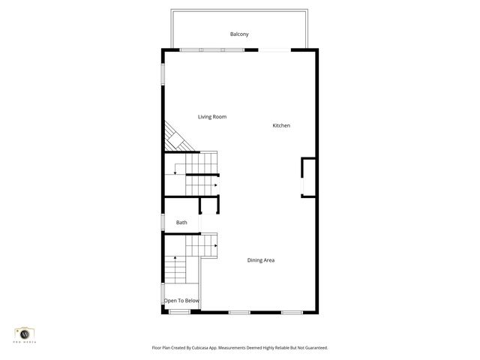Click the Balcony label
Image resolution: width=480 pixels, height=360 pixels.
pos(239,34)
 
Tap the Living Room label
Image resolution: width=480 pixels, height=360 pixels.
pos(212,117)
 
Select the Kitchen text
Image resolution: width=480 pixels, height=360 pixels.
pos(281,125)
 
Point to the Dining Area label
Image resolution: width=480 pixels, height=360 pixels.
pos(261,260)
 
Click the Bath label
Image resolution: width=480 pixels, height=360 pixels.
pos(181,223)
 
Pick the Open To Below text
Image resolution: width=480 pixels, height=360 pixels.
pos(182,301)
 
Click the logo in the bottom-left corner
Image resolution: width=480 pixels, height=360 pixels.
pos(25,333)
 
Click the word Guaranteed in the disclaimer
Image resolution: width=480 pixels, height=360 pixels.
pos(313,348)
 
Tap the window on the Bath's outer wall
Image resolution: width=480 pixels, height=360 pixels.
pos(163,223)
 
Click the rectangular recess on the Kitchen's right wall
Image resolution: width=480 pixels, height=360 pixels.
pos(308,177)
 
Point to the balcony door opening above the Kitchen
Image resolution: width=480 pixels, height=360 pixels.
pos(275,50)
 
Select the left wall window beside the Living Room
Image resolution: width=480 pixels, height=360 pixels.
pos(163,73)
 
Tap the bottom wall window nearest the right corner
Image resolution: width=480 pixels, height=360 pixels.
pos(291,312)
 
